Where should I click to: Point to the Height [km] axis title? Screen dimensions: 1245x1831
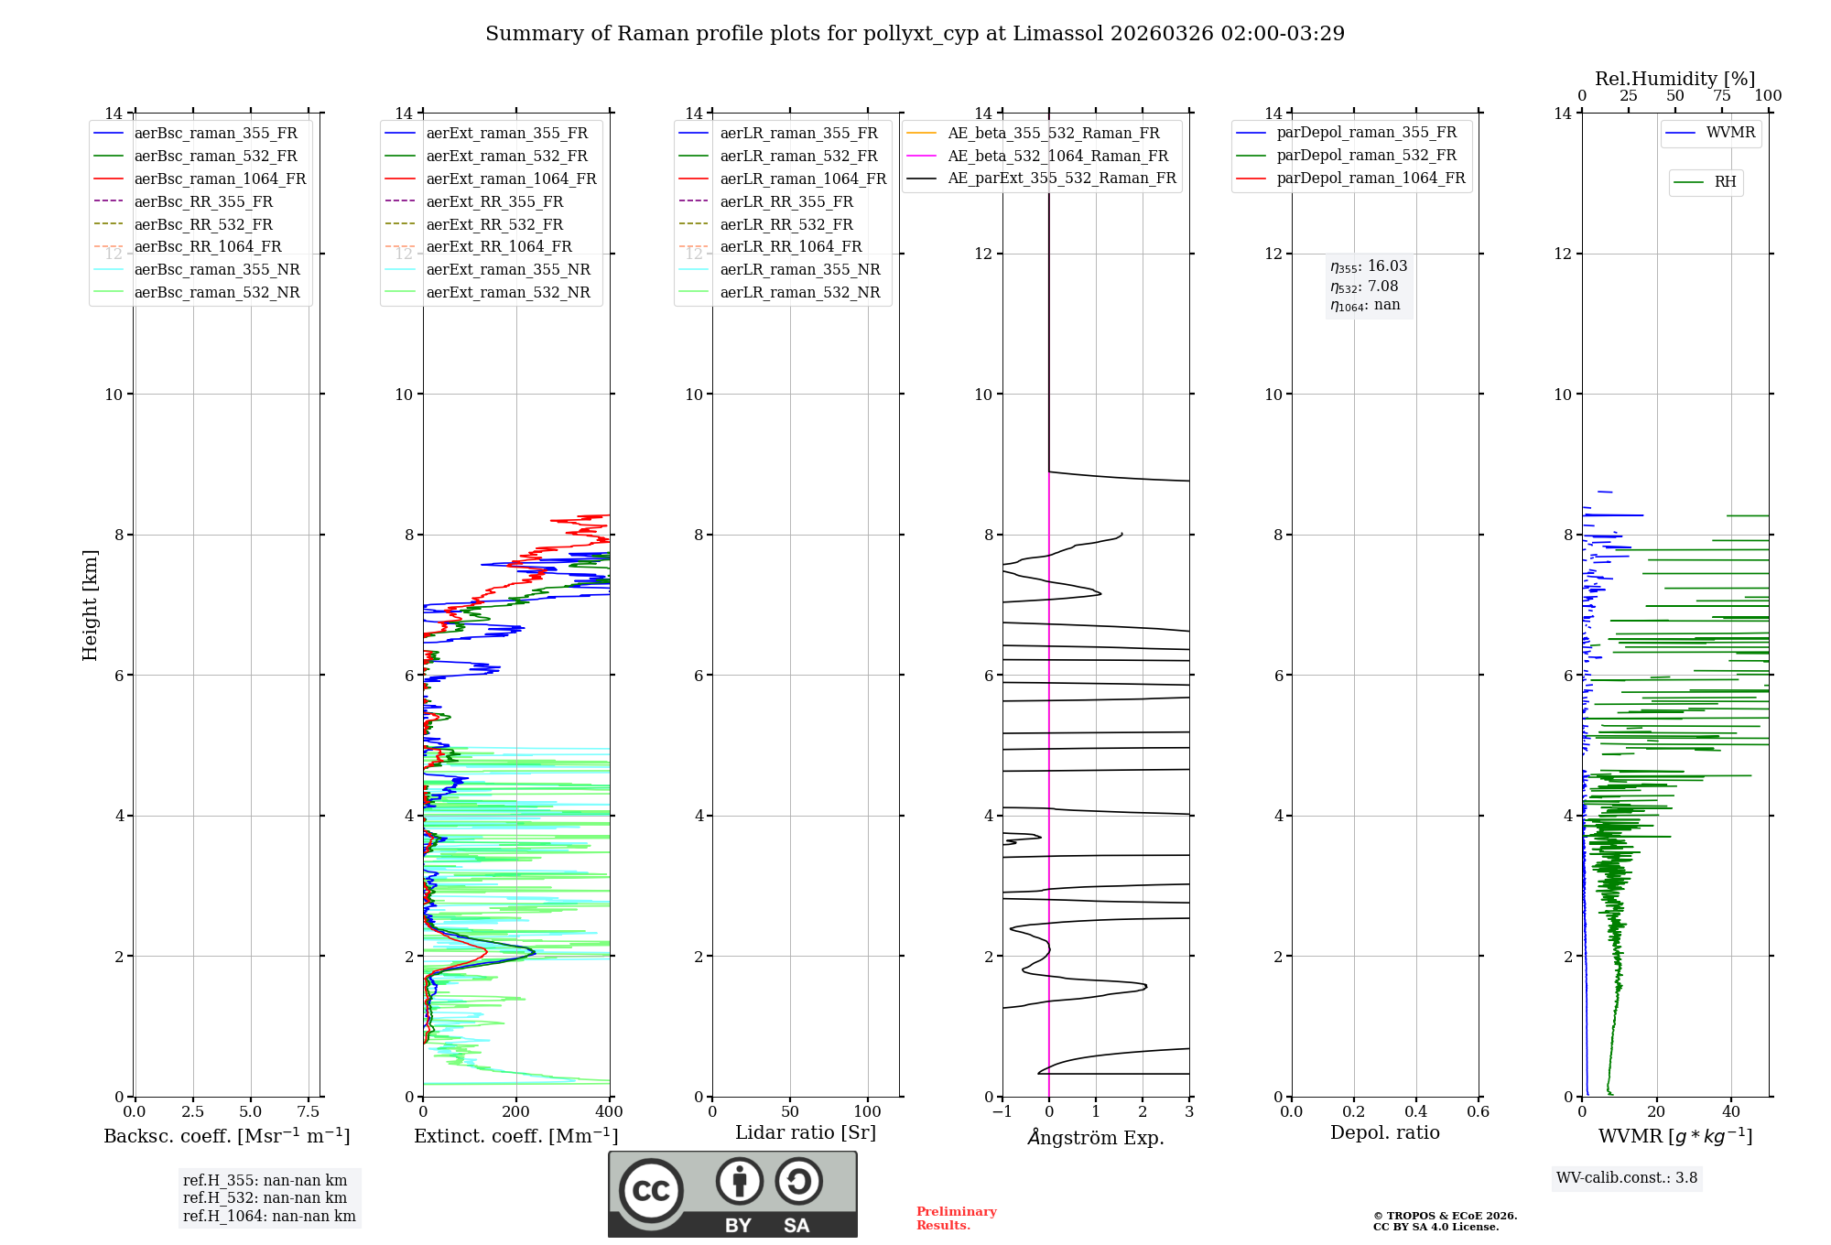coord(90,605)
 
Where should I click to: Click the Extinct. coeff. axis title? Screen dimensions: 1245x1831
coord(515,1136)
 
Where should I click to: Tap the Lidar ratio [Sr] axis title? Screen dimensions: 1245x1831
coord(806,1133)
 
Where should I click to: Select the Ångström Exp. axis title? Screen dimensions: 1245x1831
coord(1096,1138)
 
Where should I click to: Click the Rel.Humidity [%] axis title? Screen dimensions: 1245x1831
coord(1674,79)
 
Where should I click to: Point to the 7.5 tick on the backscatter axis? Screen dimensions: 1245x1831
coord(309,1112)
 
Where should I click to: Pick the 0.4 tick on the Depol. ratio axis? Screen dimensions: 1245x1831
coord(1415,1112)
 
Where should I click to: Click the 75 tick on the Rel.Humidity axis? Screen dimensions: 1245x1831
coord(1722,96)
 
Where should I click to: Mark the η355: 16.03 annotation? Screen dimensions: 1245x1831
coord(1369,266)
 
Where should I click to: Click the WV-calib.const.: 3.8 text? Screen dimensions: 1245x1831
coord(1627,1178)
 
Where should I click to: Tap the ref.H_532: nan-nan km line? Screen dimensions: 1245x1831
coord(265,1198)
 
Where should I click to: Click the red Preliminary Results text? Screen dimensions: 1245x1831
coord(956,1218)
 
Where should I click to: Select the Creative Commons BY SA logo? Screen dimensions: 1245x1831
coord(732,1194)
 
